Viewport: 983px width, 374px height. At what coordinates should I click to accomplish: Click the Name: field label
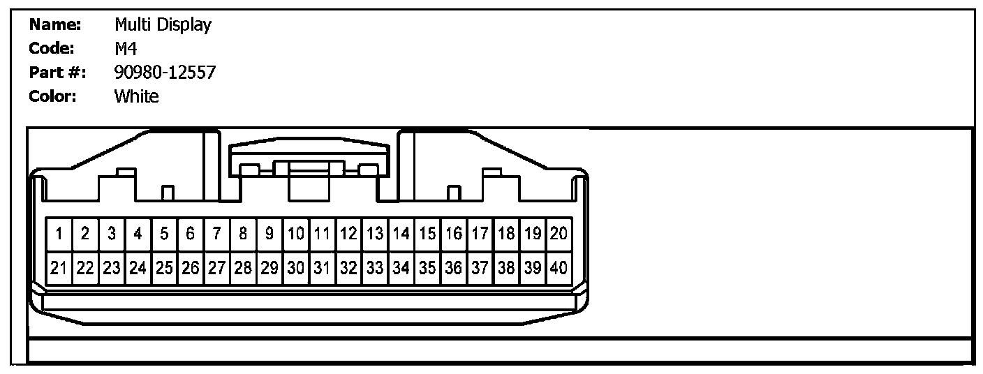(55, 26)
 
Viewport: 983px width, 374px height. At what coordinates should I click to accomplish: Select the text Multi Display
(163, 26)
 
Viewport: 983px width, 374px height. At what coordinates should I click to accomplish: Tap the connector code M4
(126, 49)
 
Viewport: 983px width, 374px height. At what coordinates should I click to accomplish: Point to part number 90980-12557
(165, 73)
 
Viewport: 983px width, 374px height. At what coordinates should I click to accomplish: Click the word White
(136, 96)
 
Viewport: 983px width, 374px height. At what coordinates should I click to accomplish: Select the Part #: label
(57, 73)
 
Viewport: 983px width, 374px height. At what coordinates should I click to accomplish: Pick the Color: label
(52, 96)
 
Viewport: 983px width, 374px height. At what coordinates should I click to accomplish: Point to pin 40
(559, 267)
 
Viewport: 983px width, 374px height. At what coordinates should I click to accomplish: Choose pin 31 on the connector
(322, 267)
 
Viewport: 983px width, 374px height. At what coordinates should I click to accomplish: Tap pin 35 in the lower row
(427, 267)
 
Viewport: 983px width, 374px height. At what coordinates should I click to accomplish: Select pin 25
(164, 267)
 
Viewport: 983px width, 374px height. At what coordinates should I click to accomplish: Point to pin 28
(243, 267)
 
